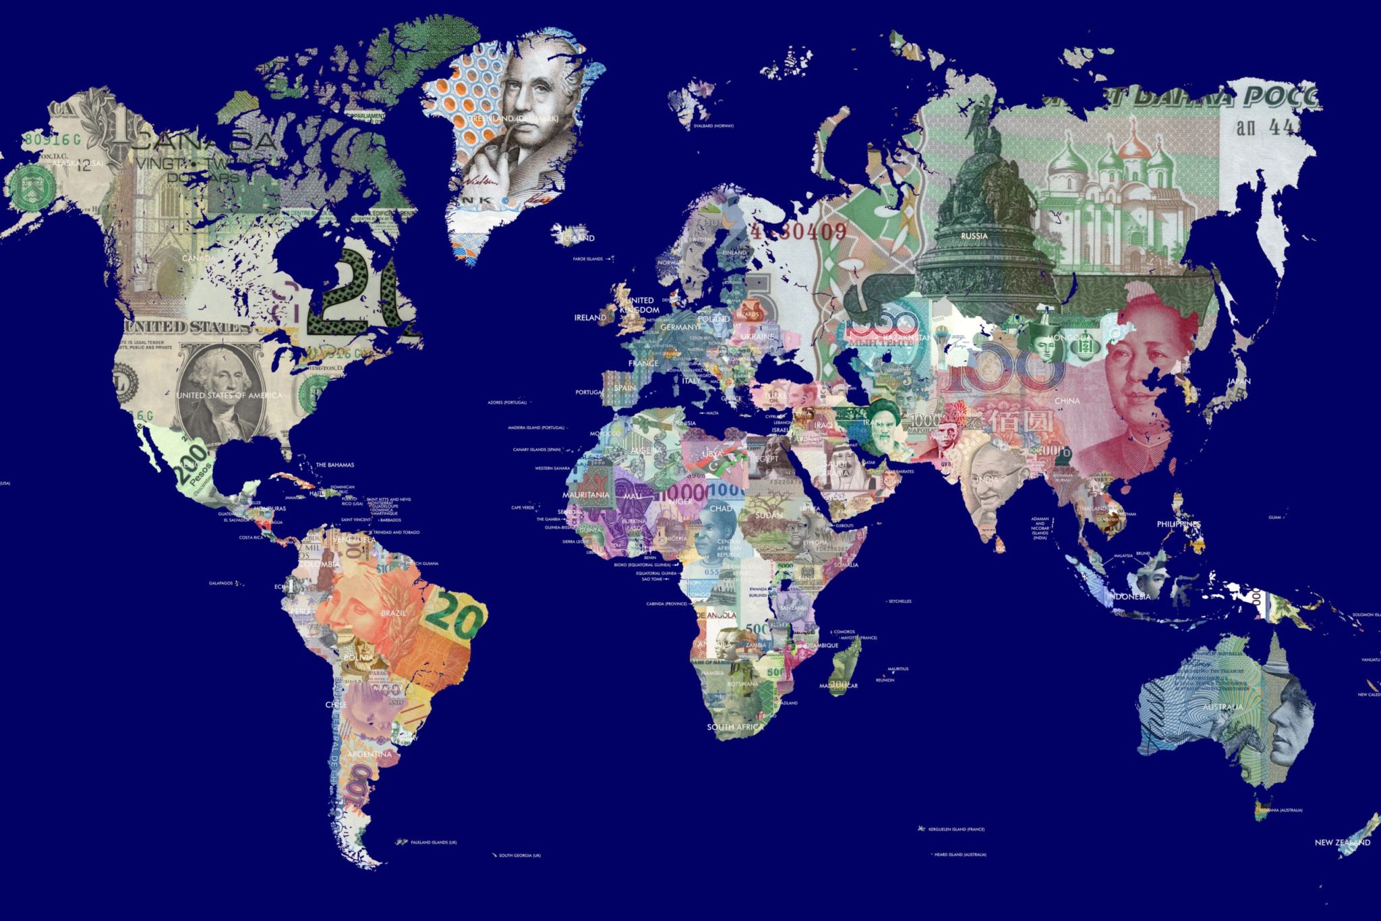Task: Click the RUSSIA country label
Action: click(x=974, y=236)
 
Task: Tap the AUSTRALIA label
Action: click(x=1222, y=707)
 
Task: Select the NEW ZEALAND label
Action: click(x=1342, y=843)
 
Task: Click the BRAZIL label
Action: click(x=393, y=613)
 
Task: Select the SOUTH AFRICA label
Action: click(x=735, y=727)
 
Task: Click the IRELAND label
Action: click(x=589, y=317)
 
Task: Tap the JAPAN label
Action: click(x=1239, y=381)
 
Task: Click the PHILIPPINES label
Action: click(x=1179, y=524)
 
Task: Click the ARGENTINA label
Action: click(x=369, y=754)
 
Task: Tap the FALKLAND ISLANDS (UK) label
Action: click(x=434, y=843)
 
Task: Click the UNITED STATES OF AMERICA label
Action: click(x=229, y=395)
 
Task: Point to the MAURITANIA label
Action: click(x=585, y=495)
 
